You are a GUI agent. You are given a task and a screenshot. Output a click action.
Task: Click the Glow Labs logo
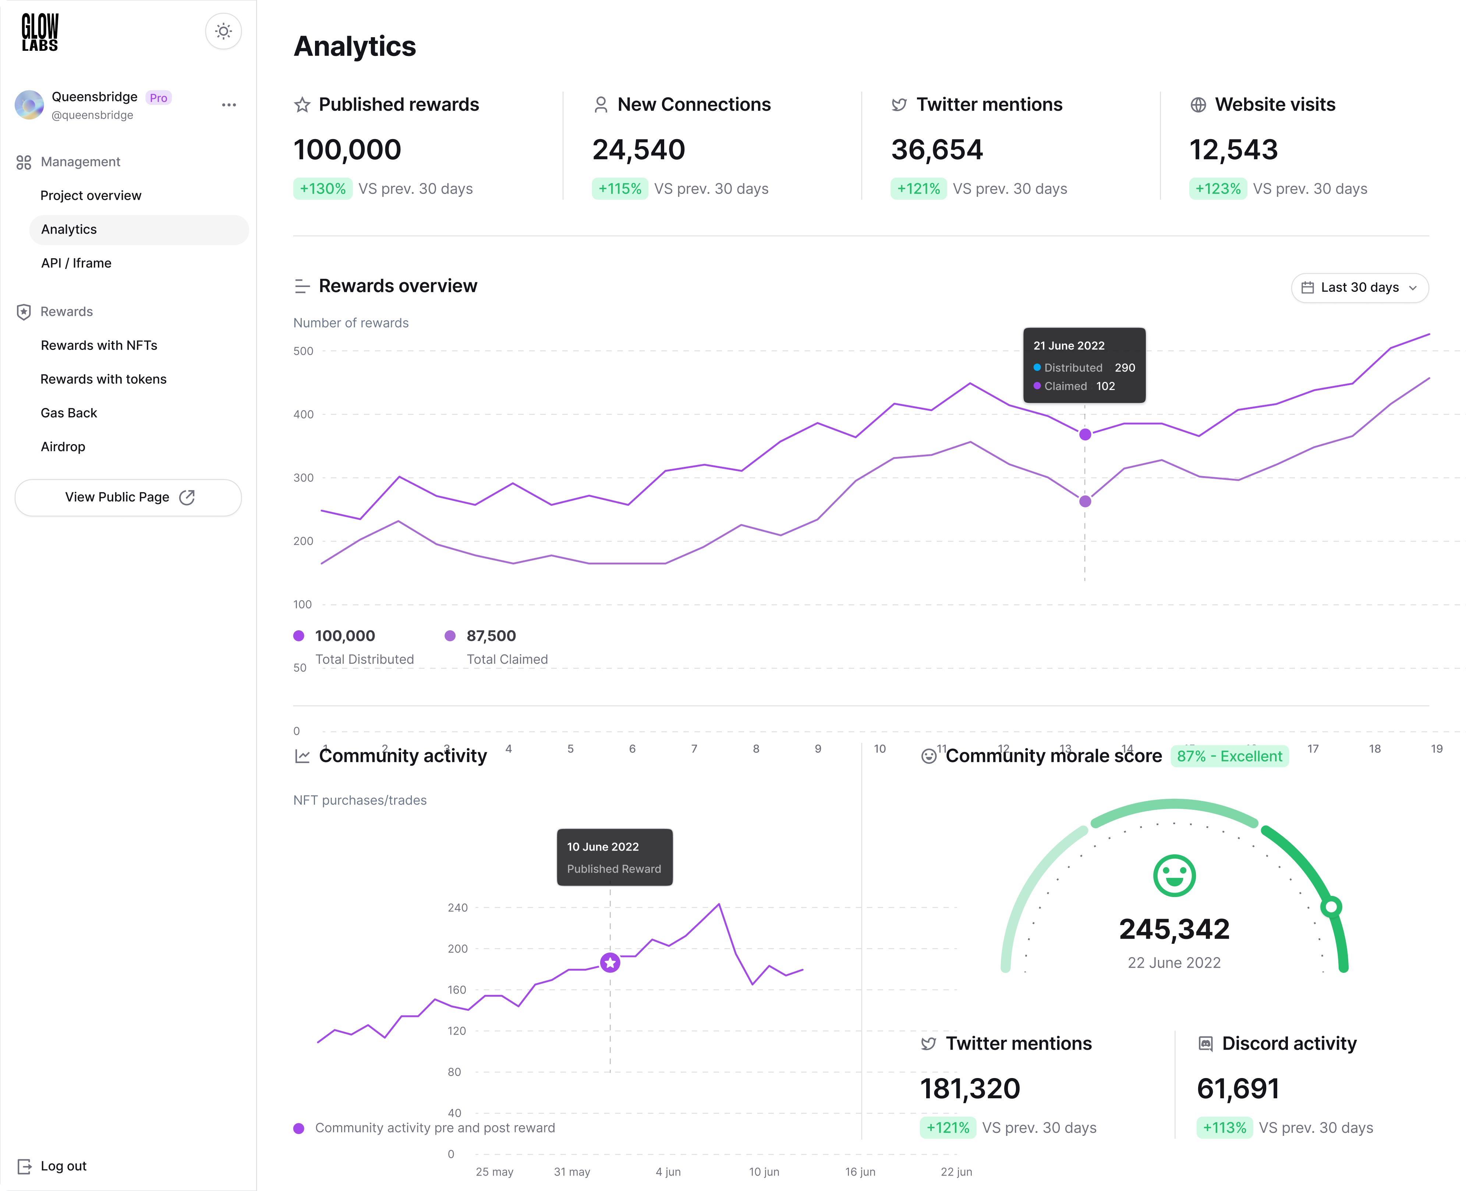40,32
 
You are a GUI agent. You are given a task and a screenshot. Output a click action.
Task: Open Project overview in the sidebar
91,195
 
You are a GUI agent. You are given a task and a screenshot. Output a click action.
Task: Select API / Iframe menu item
76,263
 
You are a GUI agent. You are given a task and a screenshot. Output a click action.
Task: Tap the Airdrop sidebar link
63,447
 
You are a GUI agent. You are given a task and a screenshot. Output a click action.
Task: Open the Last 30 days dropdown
1359,287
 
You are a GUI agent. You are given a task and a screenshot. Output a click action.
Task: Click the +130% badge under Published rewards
322,189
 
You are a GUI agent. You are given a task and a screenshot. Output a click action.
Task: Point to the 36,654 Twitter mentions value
936,149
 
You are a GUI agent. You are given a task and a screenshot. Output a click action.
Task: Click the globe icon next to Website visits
1198,105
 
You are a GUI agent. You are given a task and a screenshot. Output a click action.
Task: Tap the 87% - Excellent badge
1229,756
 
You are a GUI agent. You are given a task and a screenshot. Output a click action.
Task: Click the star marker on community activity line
610,963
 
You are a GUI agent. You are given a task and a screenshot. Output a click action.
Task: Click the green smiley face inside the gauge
1174,875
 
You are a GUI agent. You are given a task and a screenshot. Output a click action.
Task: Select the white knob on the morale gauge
1331,907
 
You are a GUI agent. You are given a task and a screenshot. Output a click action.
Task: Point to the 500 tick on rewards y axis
303,351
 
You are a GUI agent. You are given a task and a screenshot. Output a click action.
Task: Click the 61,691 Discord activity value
1237,1089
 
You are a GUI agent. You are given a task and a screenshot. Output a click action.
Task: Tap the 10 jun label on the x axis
764,1172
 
